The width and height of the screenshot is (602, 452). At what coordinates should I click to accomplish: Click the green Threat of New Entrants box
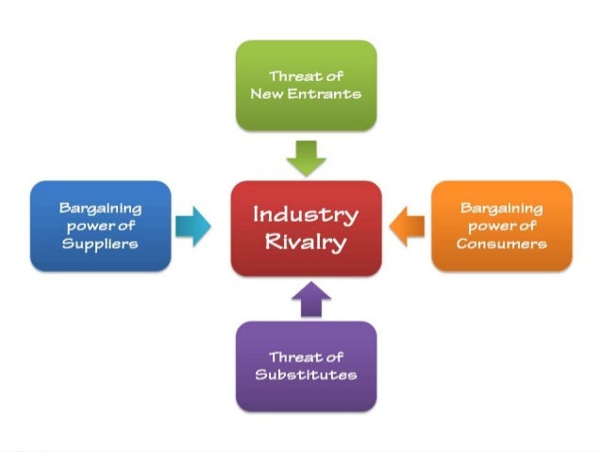click(306, 84)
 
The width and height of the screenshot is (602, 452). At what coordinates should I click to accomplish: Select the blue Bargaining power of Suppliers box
click(100, 225)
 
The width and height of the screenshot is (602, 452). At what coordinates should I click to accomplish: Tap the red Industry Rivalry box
click(306, 227)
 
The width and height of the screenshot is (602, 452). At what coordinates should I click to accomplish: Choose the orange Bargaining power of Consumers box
click(501, 225)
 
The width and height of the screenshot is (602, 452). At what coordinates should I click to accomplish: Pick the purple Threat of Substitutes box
click(306, 365)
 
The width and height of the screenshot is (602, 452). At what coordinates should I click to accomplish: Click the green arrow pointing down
click(306, 157)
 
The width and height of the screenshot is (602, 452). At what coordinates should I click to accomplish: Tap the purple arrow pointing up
click(306, 298)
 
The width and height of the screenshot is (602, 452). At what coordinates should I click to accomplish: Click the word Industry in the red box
click(306, 213)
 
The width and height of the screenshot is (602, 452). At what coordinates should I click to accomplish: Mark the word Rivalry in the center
click(306, 242)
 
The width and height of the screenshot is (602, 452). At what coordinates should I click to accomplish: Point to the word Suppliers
click(100, 243)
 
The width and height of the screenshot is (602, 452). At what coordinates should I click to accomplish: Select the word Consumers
click(501, 243)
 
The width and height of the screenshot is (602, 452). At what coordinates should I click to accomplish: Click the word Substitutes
click(306, 375)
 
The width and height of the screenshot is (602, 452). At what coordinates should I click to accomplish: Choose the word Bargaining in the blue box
click(100, 207)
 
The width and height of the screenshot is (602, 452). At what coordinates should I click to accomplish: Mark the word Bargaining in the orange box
click(501, 207)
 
